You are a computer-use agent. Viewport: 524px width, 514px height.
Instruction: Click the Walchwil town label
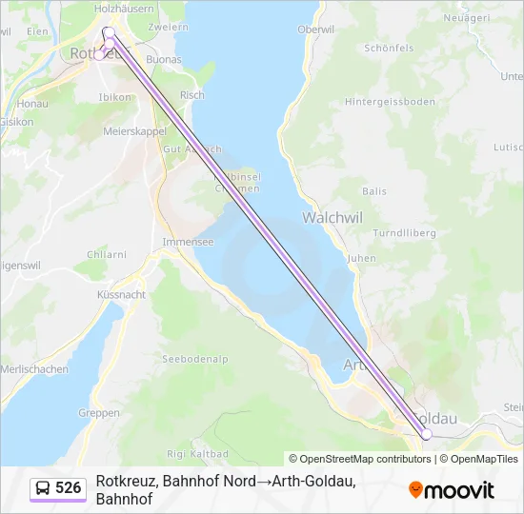333,217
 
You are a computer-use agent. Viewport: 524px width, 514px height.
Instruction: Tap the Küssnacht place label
121,295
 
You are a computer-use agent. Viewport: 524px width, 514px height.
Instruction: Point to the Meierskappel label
135,130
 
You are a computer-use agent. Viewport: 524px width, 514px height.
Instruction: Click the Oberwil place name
316,30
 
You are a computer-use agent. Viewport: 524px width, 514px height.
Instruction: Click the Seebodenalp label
195,359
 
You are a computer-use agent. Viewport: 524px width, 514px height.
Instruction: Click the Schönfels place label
390,47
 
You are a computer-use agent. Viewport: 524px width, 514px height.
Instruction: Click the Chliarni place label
107,254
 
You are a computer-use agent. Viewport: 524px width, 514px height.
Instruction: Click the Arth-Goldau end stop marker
427,434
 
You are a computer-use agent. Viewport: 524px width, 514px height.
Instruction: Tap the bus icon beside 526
44,488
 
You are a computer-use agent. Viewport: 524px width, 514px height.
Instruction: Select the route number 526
69,488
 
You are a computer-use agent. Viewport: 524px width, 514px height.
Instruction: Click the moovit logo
452,490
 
